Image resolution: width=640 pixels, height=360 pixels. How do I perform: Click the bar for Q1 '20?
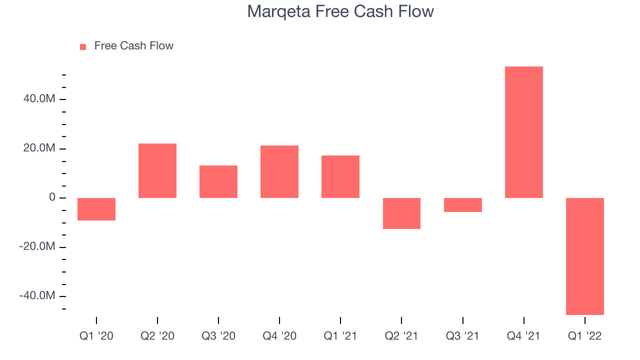96,209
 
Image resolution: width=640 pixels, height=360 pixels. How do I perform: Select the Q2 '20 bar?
157,170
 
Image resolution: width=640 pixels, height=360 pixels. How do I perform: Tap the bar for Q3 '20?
218,181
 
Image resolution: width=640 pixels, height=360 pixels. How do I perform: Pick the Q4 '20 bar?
279,171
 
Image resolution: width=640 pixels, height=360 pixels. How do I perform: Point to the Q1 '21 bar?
340,177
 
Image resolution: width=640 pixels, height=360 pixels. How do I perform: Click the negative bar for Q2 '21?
401,213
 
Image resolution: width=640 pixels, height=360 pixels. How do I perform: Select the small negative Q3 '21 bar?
463,205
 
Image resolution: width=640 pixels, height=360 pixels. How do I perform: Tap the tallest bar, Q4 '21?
524,132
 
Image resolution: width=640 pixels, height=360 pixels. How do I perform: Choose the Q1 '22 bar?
585,256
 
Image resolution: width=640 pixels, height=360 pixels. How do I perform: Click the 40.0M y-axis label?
39,98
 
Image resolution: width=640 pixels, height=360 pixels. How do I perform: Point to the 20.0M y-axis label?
39,148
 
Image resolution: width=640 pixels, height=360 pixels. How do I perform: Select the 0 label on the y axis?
52,197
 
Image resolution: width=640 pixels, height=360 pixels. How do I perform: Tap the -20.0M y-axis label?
37,246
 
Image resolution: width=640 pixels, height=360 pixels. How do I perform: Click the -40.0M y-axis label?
37,295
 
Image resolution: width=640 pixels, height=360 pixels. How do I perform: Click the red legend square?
83,47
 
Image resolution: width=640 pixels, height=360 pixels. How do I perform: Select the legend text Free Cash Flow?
133,45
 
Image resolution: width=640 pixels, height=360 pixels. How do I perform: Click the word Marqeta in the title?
279,12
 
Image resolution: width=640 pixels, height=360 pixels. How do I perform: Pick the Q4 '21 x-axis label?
523,336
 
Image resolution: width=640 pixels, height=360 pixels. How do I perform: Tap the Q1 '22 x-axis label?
585,336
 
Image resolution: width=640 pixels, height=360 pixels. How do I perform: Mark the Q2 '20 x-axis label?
157,336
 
